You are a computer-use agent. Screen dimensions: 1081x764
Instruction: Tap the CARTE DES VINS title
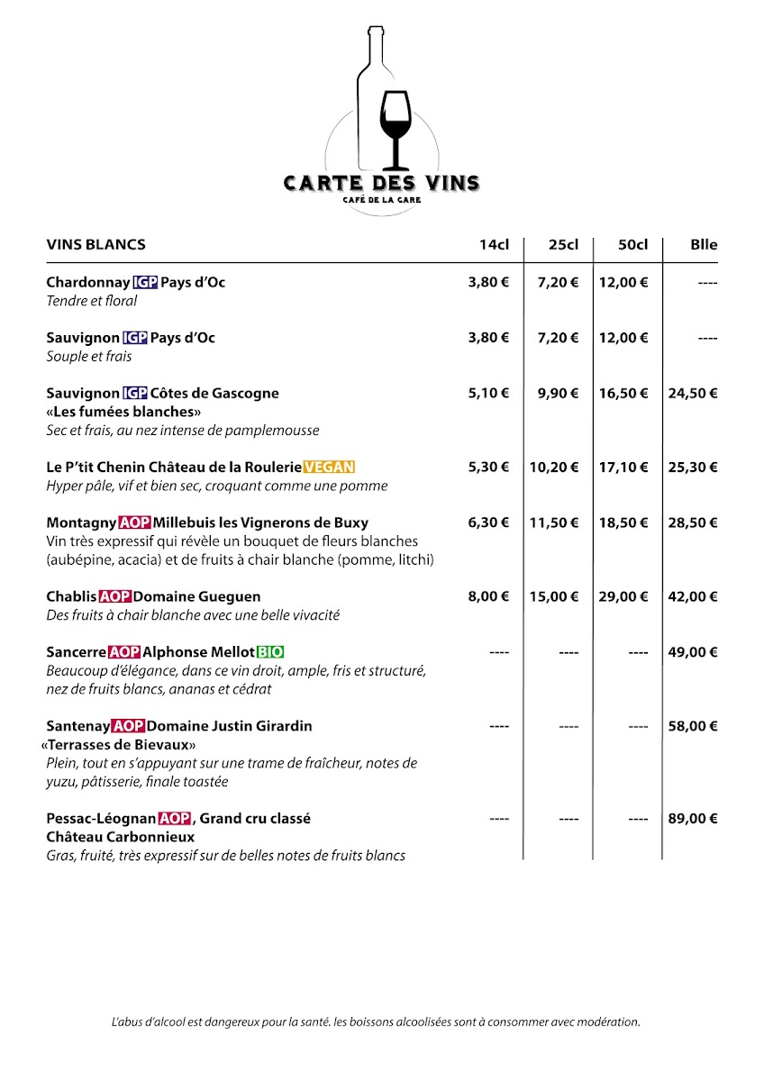381,183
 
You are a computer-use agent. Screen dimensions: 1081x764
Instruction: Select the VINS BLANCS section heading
95,245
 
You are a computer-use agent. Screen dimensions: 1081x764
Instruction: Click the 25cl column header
563,245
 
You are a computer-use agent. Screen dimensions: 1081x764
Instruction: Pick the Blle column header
704,245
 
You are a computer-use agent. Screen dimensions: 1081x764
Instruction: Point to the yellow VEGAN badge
329,467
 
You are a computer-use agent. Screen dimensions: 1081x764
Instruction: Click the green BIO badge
270,652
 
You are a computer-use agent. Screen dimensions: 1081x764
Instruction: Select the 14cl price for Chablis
488,596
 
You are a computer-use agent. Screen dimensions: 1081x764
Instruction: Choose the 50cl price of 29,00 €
623,596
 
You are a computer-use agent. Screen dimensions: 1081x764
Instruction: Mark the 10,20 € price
554,467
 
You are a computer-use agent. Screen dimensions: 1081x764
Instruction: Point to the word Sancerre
77,652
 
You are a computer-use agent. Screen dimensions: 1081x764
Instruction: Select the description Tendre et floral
92,301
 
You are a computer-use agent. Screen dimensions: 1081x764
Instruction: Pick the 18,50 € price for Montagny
623,522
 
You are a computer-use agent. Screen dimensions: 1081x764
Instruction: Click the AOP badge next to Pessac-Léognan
175,819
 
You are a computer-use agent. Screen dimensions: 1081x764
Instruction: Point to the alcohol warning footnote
376,1022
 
